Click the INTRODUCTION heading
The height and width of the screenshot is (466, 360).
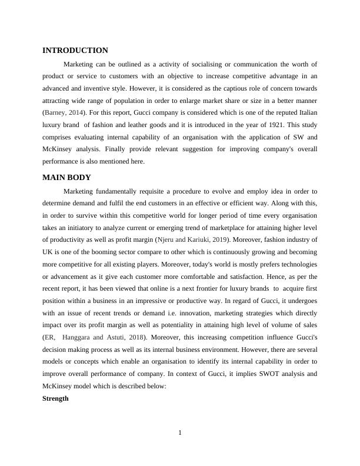point(75,51)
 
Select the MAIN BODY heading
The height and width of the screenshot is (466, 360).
point(66,178)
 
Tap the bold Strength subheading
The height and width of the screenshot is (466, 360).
point(55,398)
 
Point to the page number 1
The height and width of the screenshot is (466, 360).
point(180,434)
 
